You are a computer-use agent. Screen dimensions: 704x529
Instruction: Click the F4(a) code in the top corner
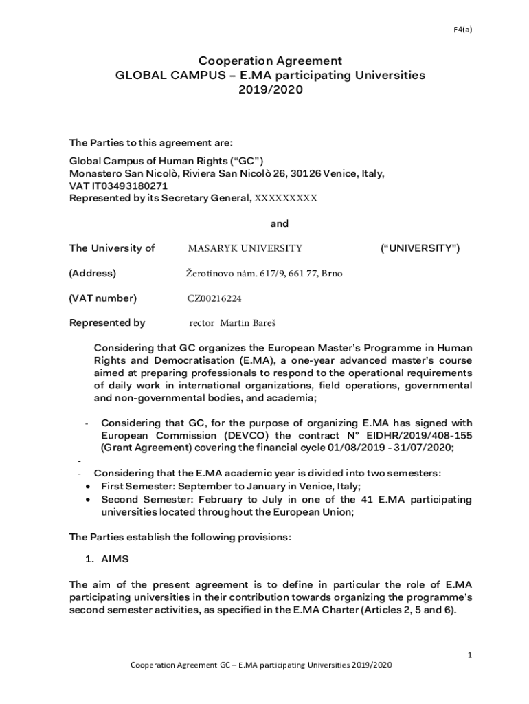click(x=463, y=29)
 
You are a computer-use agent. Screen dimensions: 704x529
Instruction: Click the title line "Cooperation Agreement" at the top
click(x=270, y=61)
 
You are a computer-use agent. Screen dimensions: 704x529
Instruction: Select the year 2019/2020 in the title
click(x=270, y=89)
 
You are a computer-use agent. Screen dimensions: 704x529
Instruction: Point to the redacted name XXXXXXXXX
click(x=286, y=199)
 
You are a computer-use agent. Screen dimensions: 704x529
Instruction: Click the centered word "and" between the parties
click(x=280, y=224)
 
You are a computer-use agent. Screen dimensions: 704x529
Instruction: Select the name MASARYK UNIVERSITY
click(x=245, y=249)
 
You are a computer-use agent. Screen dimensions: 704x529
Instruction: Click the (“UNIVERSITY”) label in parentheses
click(x=420, y=248)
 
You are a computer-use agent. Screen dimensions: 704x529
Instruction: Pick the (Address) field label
click(x=93, y=274)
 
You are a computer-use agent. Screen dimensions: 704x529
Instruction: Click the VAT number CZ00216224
click(x=214, y=298)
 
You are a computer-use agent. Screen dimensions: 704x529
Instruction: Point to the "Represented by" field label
click(x=107, y=322)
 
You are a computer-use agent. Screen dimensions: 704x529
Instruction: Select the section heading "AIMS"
click(x=115, y=560)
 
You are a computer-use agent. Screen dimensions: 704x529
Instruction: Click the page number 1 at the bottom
click(x=469, y=655)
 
